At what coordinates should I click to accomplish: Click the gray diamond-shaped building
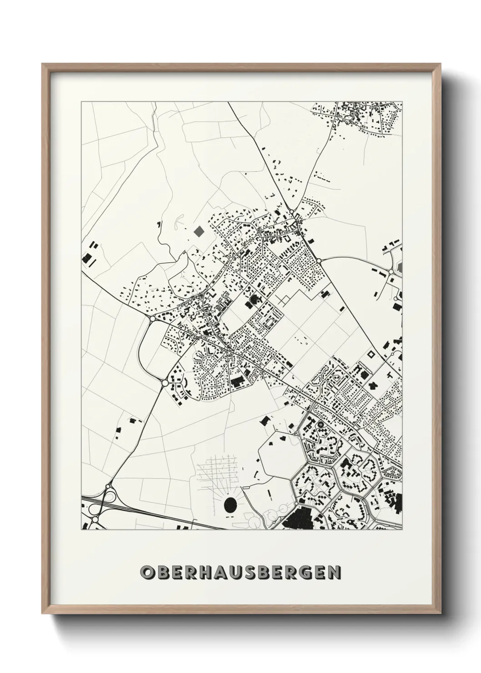point(199,231)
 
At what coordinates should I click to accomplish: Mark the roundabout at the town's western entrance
point(152,319)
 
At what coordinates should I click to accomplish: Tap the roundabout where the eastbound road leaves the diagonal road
point(320,261)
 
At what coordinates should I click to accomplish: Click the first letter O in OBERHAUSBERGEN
point(147,572)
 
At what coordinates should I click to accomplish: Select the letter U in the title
point(241,572)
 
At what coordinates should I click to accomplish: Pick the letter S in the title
point(257,572)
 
